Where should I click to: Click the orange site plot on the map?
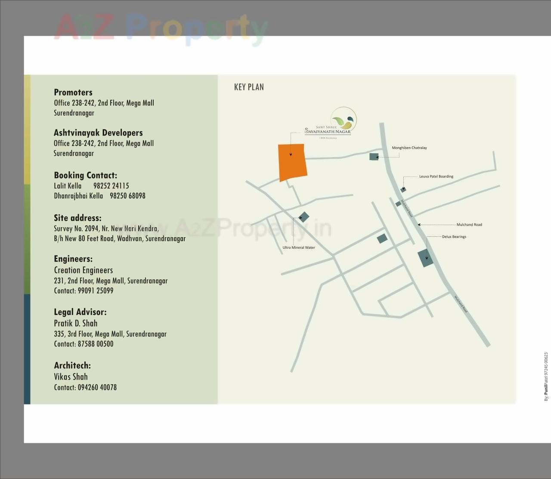click(x=292, y=162)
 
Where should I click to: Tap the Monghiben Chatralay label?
click(x=409, y=148)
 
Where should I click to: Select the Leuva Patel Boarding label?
click(x=436, y=176)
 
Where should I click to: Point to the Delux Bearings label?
click(x=454, y=237)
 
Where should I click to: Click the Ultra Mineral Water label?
click(x=299, y=247)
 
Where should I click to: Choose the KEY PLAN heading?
click(x=249, y=87)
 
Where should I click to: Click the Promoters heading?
click(x=73, y=92)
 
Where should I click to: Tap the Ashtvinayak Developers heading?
click(x=98, y=133)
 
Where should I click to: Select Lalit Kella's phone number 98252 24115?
click(x=111, y=186)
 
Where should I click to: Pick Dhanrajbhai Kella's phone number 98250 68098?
click(x=127, y=196)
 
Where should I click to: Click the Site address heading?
click(x=77, y=218)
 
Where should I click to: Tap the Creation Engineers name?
click(x=84, y=270)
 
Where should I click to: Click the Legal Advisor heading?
click(x=80, y=312)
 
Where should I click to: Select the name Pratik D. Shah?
click(x=76, y=323)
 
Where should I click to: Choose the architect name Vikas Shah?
click(x=71, y=377)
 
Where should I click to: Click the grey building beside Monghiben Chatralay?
click(x=374, y=157)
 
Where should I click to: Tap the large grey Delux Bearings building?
click(x=426, y=258)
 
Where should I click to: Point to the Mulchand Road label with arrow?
click(x=469, y=225)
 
